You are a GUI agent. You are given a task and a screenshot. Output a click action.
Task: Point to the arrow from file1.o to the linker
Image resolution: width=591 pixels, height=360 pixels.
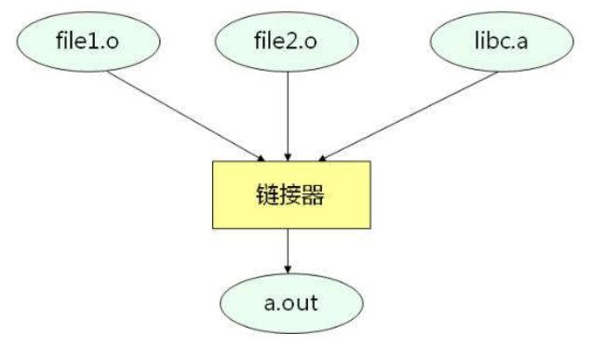[186, 114]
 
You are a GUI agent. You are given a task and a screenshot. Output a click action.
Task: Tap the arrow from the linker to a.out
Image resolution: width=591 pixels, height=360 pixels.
[288, 250]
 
